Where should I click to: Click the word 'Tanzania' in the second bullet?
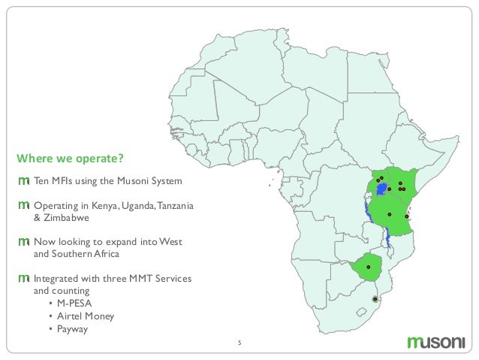(172, 205)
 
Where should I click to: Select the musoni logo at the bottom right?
(436, 343)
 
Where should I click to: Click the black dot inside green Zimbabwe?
(368, 268)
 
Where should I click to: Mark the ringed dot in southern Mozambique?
(375, 299)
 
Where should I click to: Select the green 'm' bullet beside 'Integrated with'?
(23, 278)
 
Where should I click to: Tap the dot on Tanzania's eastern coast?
(406, 216)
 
